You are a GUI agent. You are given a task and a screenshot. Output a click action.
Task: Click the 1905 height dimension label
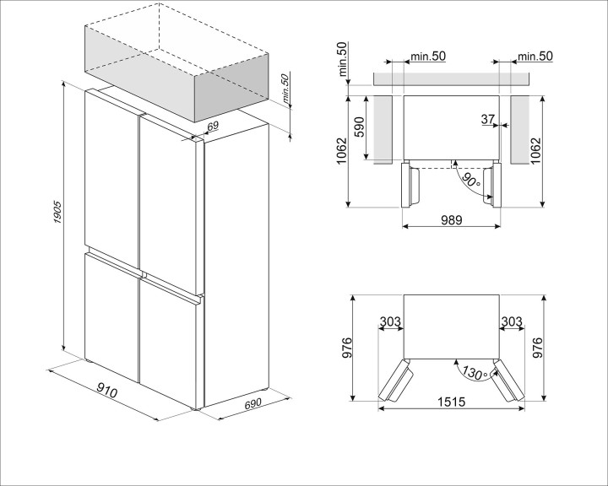pyautogui.click(x=57, y=212)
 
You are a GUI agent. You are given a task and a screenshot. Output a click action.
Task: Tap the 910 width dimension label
pyautogui.click(x=106, y=390)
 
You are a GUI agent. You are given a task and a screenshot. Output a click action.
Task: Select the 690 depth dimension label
pyautogui.click(x=252, y=403)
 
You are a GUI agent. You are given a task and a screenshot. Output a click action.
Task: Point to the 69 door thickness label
pyautogui.click(x=213, y=126)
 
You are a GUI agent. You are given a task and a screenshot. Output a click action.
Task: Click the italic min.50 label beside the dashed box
pyautogui.click(x=285, y=89)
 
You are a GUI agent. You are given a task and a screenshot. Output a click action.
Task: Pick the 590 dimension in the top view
pyautogui.click(x=359, y=127)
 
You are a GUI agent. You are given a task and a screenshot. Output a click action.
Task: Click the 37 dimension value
pyautogui.click(x=488, y=119)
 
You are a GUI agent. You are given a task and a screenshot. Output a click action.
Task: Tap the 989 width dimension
pyautogui.click(x=451, y=220)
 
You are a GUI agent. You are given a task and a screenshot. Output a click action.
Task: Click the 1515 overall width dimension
pyautogui.click(x=451, y=402)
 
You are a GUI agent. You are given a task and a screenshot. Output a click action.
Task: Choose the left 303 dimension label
pyautogui.click(x=389, y=321)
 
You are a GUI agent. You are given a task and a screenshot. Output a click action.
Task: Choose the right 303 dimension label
pyautogui.click(x=512, y=321)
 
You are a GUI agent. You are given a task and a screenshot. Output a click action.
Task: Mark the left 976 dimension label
pyautogui.click(x=346, y=348)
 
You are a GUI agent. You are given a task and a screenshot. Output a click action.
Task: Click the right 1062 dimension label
pyautogui.click(x=535, y=150)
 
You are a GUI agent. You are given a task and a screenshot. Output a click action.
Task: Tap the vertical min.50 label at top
pyautogui.click(x=343, y=59)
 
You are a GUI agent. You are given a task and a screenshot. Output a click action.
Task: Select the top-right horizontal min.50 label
pyautogui.click(x=535, y=57)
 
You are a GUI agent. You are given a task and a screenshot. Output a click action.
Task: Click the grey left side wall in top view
pyautogui.click(x=383, y=130)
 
